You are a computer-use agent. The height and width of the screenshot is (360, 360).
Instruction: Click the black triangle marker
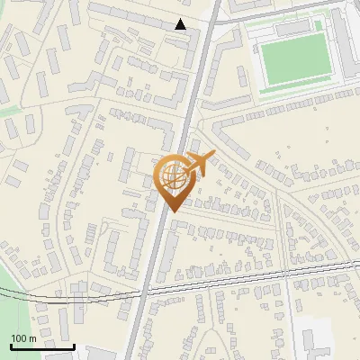tap(181, 24)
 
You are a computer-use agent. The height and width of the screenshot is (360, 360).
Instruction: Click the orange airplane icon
tap(199, 164)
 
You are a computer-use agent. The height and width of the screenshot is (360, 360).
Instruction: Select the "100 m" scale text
tap(23, 338)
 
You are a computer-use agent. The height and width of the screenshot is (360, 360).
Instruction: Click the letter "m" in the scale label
tap(31, 338)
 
